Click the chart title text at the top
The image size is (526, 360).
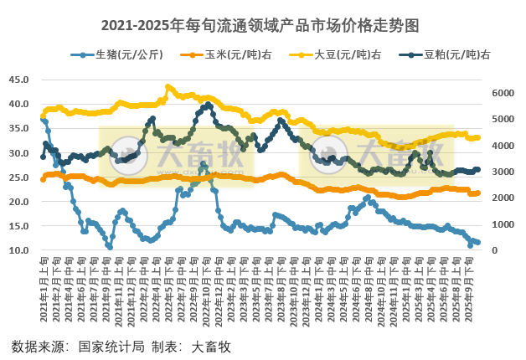click(262, 26)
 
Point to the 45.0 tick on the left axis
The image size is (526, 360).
click(18, 80)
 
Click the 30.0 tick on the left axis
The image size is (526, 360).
click(18, 153)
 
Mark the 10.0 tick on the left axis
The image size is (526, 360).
click(18, 250)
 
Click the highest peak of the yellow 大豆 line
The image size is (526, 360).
click(168, 86)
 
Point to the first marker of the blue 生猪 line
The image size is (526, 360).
click(43, 120)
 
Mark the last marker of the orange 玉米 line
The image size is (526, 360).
click(477, 193)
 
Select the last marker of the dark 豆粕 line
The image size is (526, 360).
click(477, 169)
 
